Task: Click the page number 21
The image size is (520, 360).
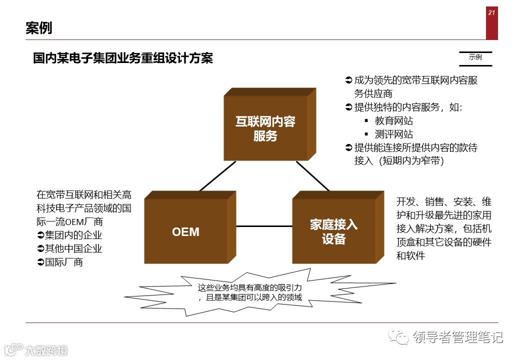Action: pos(491,13)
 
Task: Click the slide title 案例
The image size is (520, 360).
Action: pos(39,28)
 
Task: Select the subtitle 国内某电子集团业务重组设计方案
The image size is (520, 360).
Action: pos(123,58)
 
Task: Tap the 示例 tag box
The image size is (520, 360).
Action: pos(475,57)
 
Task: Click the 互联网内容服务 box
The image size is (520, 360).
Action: pos(265,128)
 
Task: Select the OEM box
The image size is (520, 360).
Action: pos(186,232)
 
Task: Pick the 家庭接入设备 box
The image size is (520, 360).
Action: pos(333,232)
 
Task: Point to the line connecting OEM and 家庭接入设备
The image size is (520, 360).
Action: pos(263,226)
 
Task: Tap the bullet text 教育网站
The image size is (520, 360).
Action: pos(394,120)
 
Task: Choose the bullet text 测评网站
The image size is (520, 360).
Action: pos(394,134)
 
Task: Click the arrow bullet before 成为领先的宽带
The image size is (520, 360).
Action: pos(349,80)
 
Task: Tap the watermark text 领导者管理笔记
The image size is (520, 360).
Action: pos(457,337)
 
